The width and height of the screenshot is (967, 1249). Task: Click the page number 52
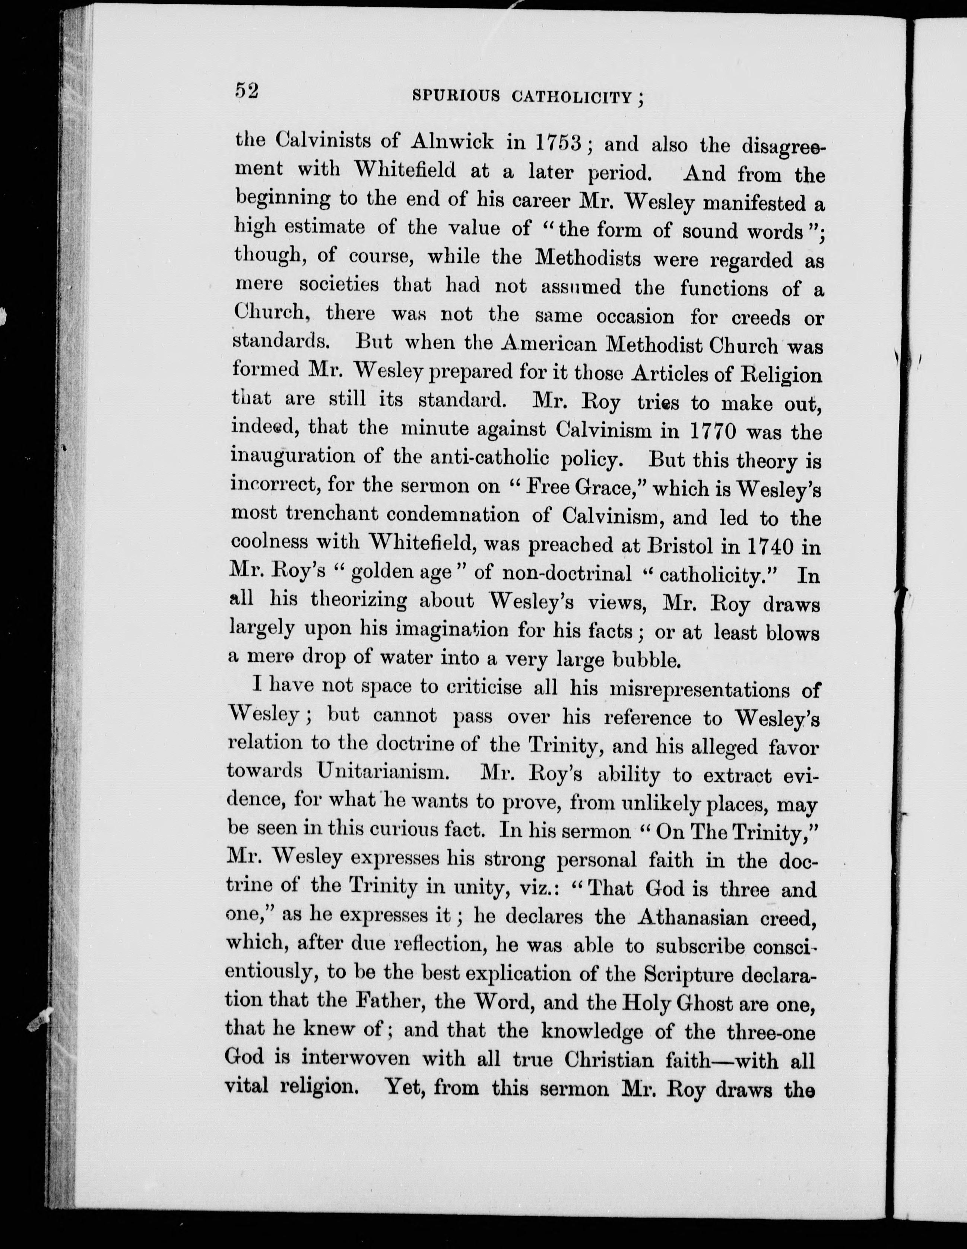247,92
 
